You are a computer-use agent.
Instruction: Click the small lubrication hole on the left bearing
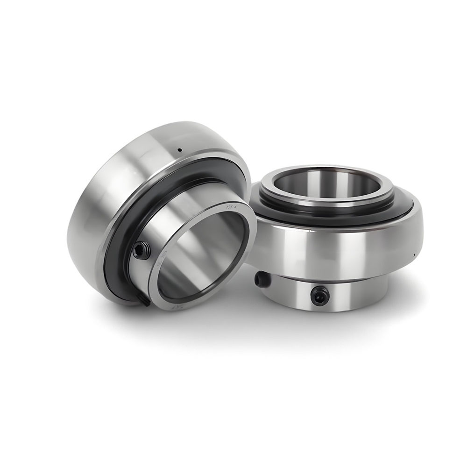179,150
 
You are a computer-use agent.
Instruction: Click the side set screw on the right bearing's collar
260,279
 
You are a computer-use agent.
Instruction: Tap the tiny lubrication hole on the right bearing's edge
415,255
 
